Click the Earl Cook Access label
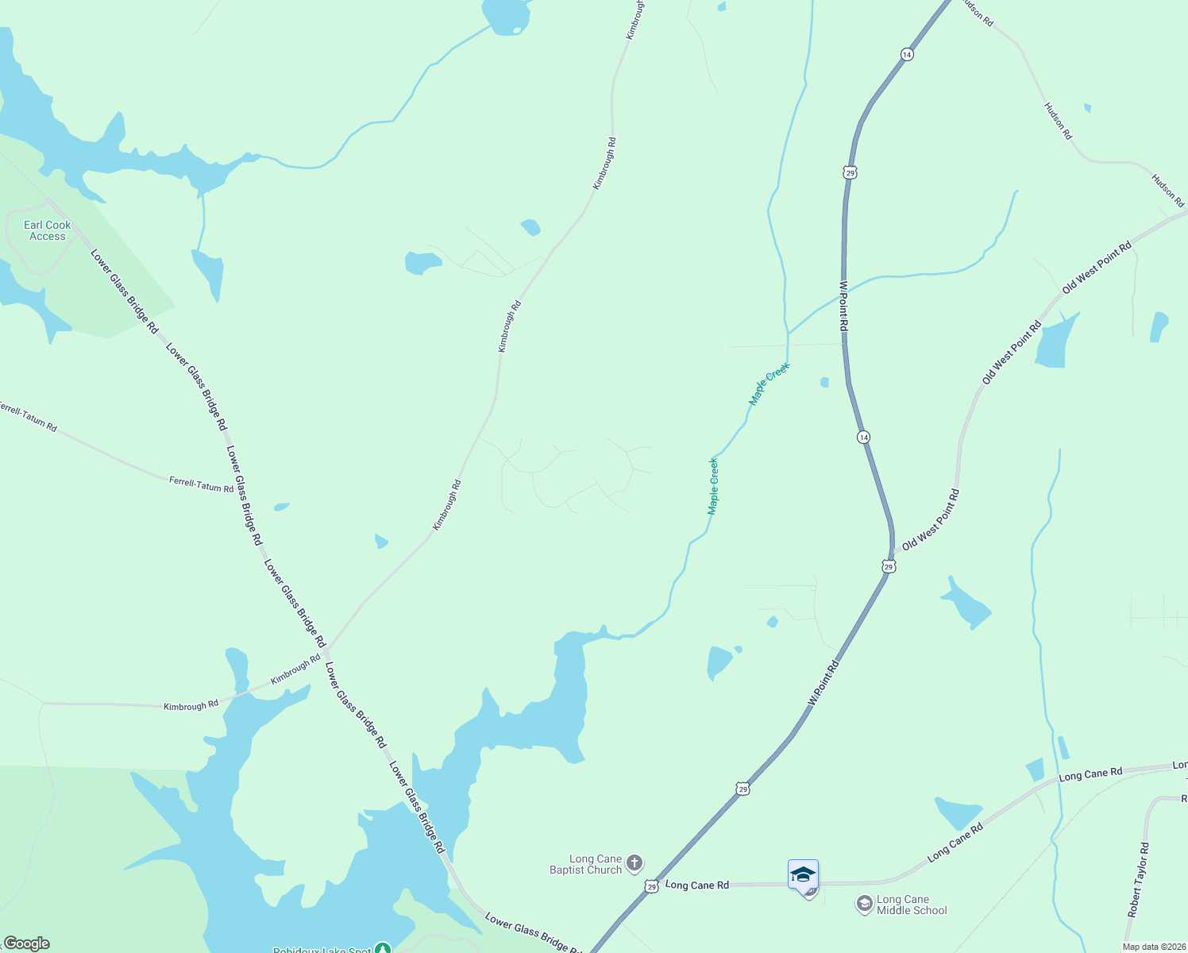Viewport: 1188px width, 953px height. pyautogui.click(x=48, y=230)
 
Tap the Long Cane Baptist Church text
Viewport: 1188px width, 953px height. pyautogui.click(x=586, y=864)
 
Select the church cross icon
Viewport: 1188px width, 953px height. pyautogui.click(x=634, y=862)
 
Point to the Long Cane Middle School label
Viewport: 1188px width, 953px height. pyautogui.click(x=912, y=905)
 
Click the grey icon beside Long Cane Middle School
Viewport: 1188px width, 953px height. pyautogui.click(x=865, y=905)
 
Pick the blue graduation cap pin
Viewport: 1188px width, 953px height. pyautogui.click(x=803, y=875)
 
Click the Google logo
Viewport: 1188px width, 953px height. pyautogui.click(x=26, y=943)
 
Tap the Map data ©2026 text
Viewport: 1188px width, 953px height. pyautogui.click(x=1153, y=947)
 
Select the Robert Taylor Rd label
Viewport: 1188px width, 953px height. pyautogui.click(x=1139, y=880)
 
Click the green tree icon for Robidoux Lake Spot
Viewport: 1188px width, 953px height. pyautogui.click(x=384, y=948)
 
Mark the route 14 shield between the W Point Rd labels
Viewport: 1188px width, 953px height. pyautogui.click(x=864, y=438)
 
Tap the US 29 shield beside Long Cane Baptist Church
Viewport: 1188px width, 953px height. pyautogui.click(x=651, y=885)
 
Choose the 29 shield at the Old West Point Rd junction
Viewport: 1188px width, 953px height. pyautogui.click(x=889, y=566)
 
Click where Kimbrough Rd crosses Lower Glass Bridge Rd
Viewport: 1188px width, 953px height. pyautogui.click(x=326, y=649)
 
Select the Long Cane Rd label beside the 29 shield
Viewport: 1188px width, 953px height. pyautogui.click(x=696, y=885)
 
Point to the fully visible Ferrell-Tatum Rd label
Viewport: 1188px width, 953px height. pyautogui.click(x=201, y=484)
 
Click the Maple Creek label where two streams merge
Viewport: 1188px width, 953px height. pyautogui.click(x=769, y=384)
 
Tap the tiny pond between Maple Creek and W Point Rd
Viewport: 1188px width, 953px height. pyautogui.click(x=824, y=382)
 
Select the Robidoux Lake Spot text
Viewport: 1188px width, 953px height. pyautogui.click(x=322, y=950)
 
